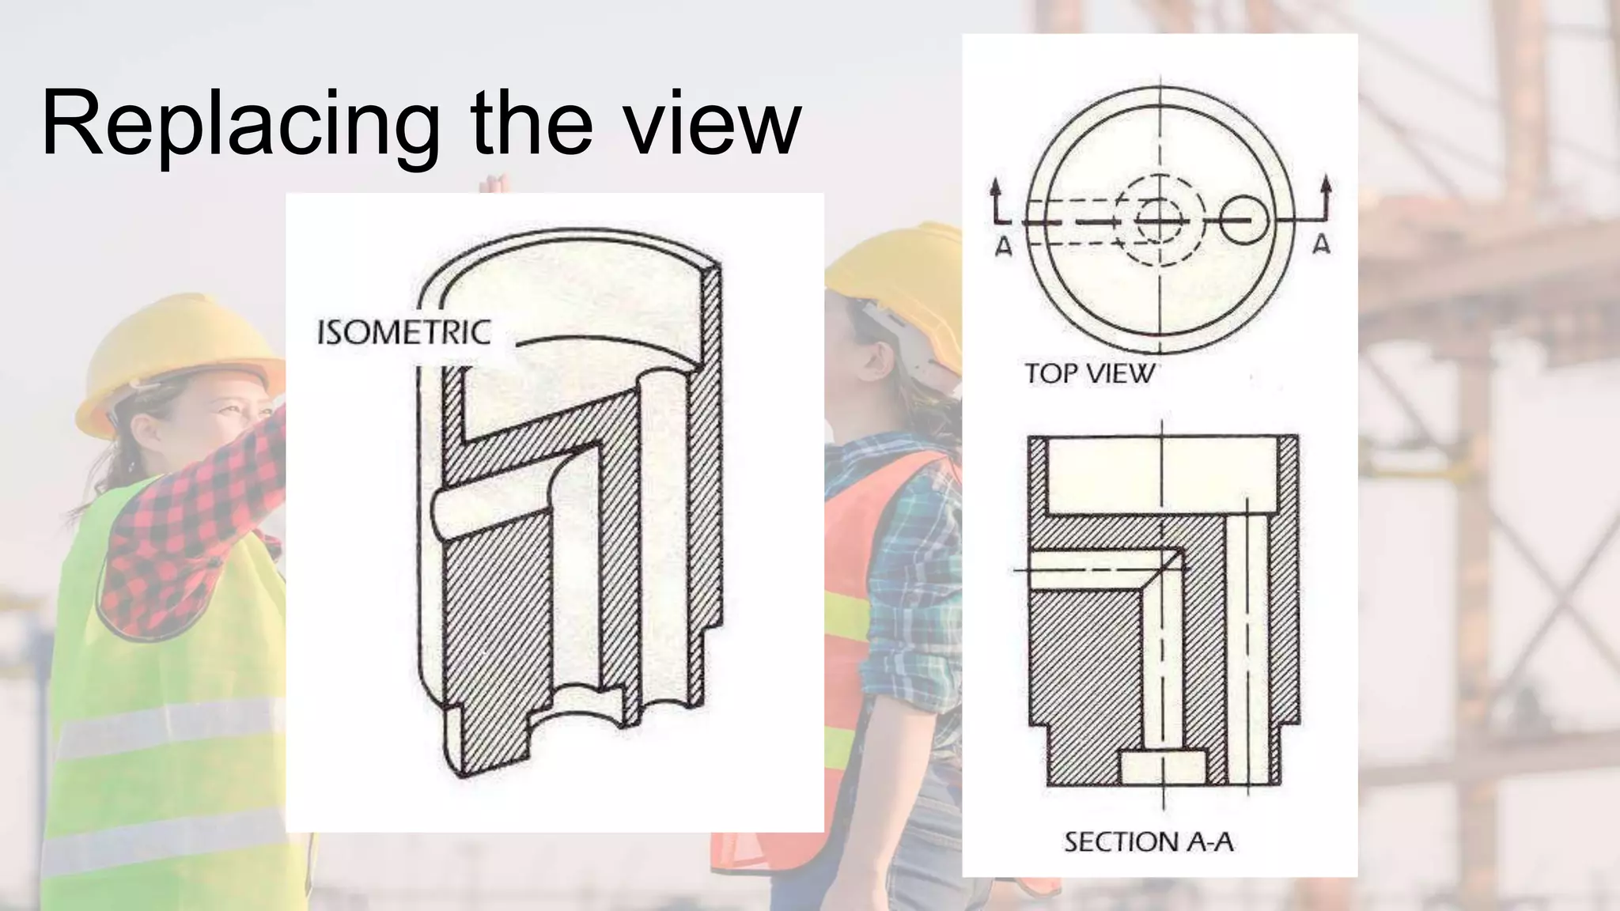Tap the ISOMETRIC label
[x=404, y=333]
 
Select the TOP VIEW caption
[x=1089, y=373]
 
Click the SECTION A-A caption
[x=1149, y=842]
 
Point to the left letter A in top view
[x=1003, y=248]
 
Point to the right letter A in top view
[x=1321, y=245]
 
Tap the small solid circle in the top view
[x=1244, y=220]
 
